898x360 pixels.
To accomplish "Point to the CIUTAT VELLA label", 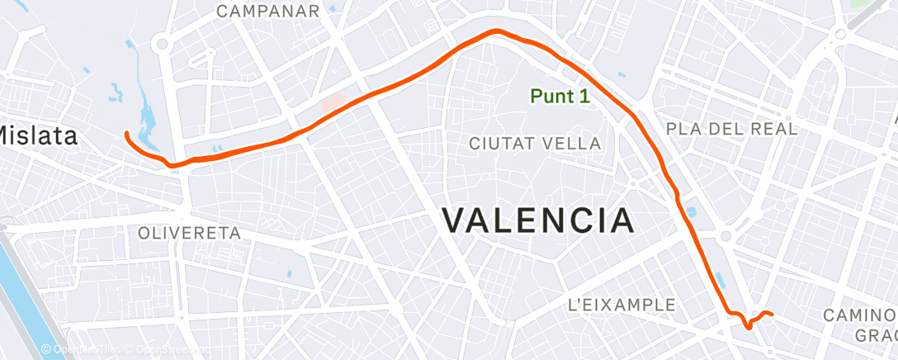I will point(535,143).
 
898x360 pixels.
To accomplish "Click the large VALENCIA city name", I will point(538,220).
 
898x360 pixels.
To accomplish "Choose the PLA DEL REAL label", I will point(731,129).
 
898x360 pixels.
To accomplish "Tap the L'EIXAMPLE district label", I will point(622,305).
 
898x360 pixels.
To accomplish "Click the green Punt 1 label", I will point(560,97).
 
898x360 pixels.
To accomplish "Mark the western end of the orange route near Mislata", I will point(126,133).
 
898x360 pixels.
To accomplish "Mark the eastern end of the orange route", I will point(770,314).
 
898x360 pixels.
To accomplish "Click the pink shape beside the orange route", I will point(333,104).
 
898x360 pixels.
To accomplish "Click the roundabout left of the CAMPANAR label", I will point(163,44).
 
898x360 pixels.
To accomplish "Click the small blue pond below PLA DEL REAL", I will point(691,212).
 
